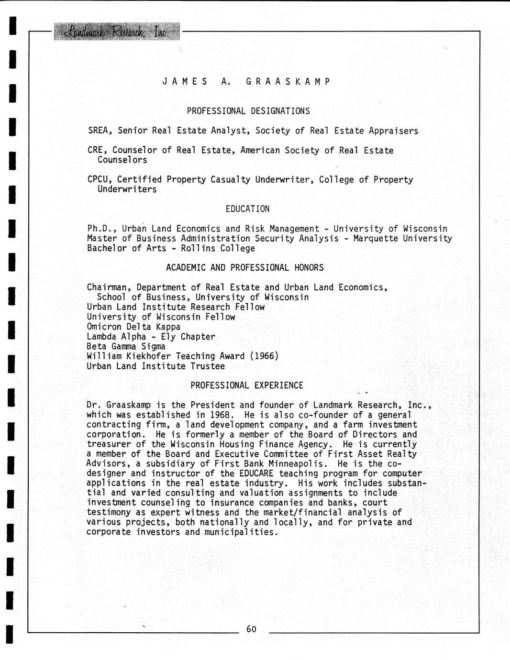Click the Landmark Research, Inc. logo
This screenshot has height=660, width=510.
pos(117,32)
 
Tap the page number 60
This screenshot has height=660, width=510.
pos(252,629)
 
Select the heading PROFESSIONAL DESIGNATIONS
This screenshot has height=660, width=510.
pos(248,111)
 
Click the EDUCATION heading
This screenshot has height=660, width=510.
pos(247,209)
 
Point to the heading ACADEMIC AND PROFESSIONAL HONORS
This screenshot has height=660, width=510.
pos(244,268)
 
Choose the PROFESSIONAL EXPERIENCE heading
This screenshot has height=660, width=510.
pos(247,385)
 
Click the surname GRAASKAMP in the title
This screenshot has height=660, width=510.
pos(288,81)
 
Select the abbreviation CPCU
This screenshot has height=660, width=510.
pos(99,180)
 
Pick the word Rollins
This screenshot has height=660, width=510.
pos(198,248)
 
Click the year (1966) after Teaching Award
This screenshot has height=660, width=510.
pos(264,356)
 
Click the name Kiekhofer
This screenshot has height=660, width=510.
pos(148,356)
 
